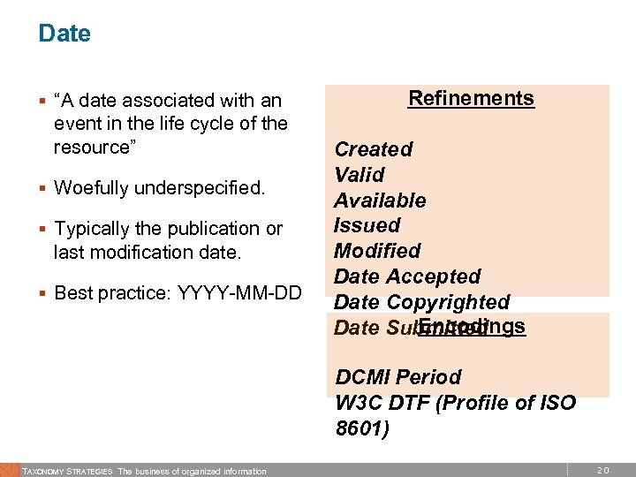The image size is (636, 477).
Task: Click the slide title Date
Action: [x=64, y=34]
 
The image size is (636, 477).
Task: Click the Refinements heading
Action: [x=471, y=97]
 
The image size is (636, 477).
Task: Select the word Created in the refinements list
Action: [x=373, y=149]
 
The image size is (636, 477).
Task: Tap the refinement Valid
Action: [x=359, y=175]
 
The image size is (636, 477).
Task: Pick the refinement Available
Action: [x=380, y=201]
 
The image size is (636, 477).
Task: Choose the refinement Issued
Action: [x=367, y=225]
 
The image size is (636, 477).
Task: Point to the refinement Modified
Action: [x=377, y=251]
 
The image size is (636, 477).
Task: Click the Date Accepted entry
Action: [x=407, y=276]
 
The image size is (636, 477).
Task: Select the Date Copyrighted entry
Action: [x=422, y=302]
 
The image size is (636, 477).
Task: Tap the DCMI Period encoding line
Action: [x=398, y=377]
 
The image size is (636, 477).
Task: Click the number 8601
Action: [x=361, y=428]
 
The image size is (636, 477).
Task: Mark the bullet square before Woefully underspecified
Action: [x=42, y=188]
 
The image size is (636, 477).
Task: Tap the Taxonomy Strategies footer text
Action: [x=67, y=471]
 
